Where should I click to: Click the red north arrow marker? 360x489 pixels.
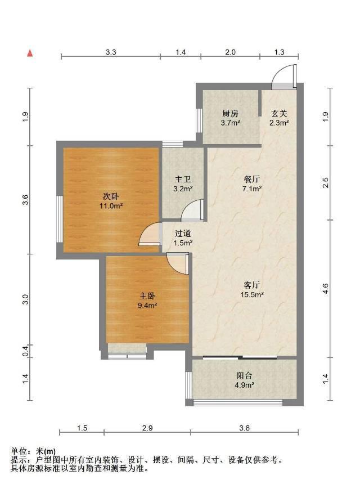[x=30, y=53]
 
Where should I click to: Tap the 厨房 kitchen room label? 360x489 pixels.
[x=230, y=113]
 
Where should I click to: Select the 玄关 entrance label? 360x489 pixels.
[x=279, y=113]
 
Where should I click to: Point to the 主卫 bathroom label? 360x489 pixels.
[x=183, y=180]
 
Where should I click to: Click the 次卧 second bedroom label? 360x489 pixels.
[x=111, y=196]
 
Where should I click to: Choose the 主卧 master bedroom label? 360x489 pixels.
[x=147, y=296]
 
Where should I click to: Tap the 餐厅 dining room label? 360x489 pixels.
[x=252, y=180]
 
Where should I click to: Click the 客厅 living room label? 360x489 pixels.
[x=252, y=285]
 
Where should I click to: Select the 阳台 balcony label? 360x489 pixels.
[x=244, y=375]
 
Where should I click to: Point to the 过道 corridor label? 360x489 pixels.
[x=183, y=234]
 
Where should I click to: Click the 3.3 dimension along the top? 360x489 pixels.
[x=111, y=52]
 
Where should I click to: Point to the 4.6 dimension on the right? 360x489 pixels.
[x=325, y=289]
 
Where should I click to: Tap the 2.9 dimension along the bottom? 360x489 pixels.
[x=147, y=428]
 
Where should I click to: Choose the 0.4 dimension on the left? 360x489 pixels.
[x=25, y=351]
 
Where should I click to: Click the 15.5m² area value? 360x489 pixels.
[x=252, y=294]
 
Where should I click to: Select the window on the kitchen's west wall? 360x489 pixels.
[x=199, y=120]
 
